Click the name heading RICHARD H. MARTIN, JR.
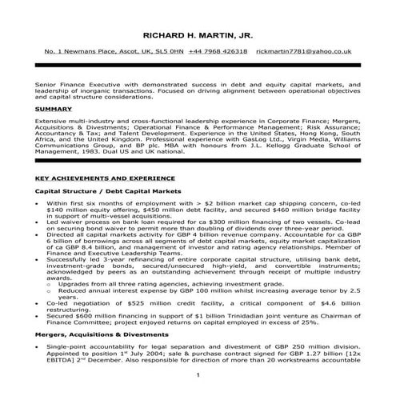[197, 36]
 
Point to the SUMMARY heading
[54, 108]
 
